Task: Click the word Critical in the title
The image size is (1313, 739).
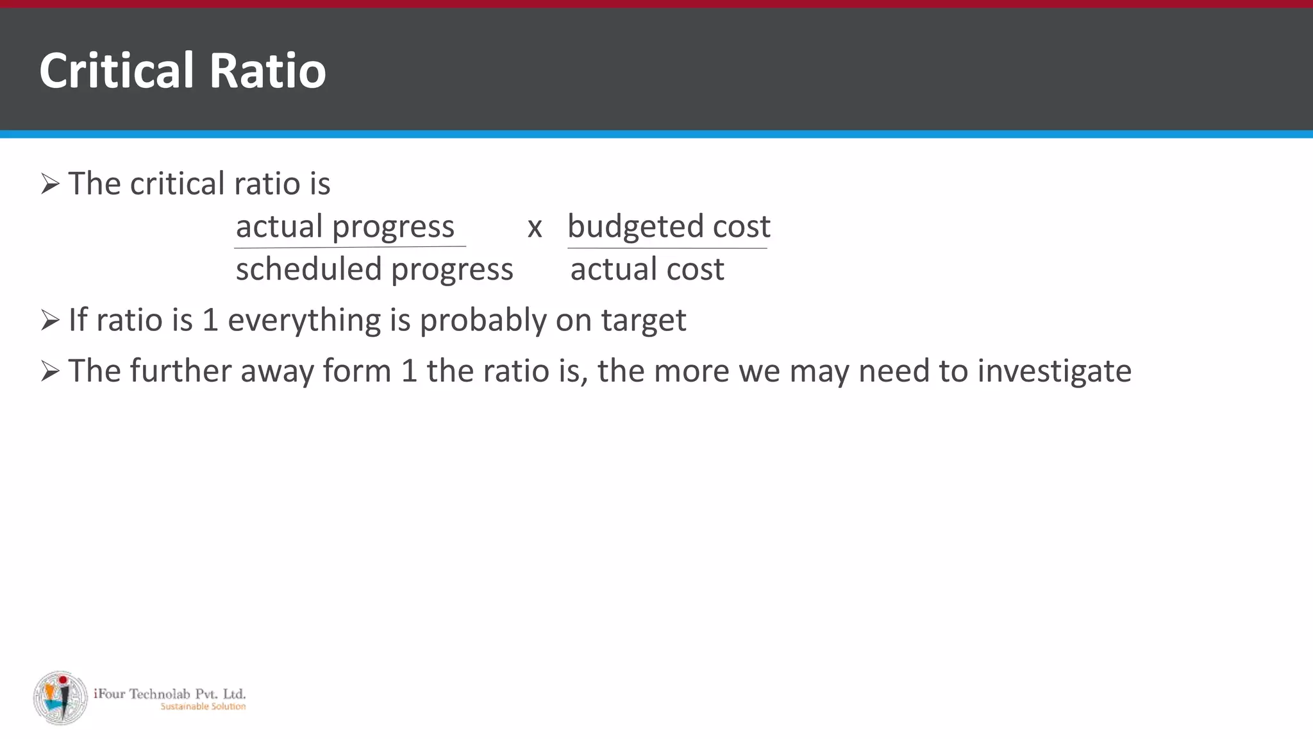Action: pyautogui.click(x=116, y=70)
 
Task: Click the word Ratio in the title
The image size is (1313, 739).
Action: pyautogui.click(x=267, y=70)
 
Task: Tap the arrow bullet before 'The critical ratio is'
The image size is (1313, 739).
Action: pyautogui.click(x=50, y=184)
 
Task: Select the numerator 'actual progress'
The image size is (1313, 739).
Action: pyautogui.click(x=345, y=226)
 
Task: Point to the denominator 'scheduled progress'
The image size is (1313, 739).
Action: pyautogui.click(x=374, y=269)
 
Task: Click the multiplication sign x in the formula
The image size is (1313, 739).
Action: pyautogui.click(x=535, y=228)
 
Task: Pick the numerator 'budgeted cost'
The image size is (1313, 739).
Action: pyautogui.click(x=669, y=226)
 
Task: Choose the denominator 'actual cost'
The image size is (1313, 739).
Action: pyautogui.click(x=647, y=269)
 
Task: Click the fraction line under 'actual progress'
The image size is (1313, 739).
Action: pyautogui.click(x=350, y=246)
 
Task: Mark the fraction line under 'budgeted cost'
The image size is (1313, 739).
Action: pyautogui.click(x=667, y=248)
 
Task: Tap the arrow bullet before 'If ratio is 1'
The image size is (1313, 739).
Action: pyautogui.click(x=50, y=320)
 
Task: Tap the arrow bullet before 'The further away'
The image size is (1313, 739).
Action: pyautogui.click(x=50, y=371)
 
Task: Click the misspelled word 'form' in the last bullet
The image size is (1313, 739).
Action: pyautogui.click(x=357, y=371)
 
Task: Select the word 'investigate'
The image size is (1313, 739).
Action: pyautogui.click(x=1054, y=371)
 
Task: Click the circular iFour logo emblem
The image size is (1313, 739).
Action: pyautogui.click(x=61, y=698)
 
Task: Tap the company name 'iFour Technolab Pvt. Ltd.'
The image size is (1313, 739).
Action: pyautogui.click(x=170, y=693)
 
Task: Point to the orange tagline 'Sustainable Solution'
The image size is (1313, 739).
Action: pyautogui.click(x=203, y=706)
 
